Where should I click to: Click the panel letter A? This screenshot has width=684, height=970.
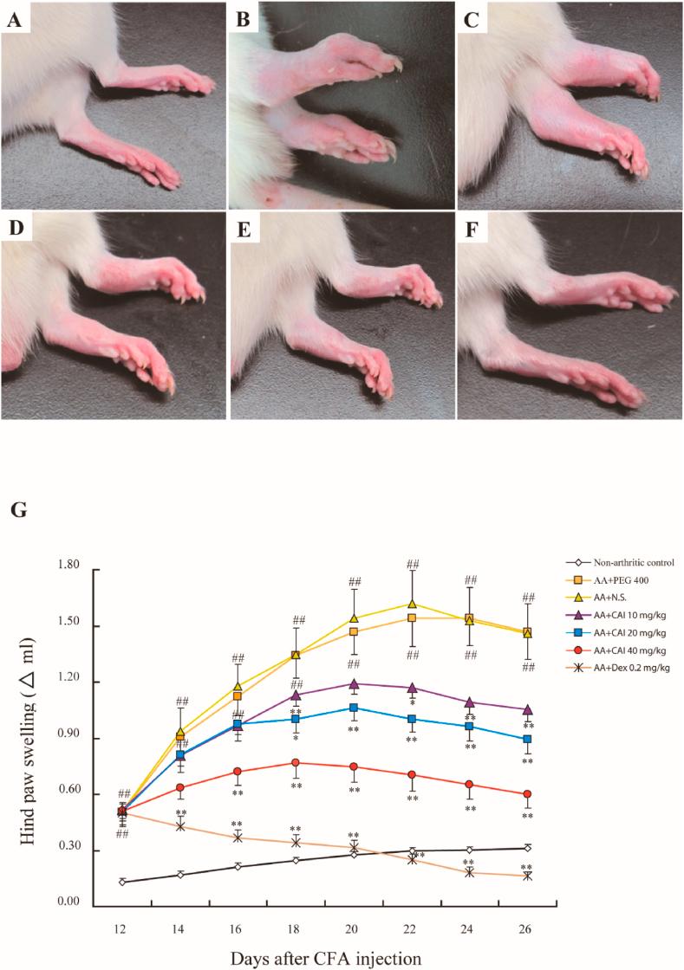coord(14,19)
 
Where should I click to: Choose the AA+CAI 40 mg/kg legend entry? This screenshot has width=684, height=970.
coord(617,650)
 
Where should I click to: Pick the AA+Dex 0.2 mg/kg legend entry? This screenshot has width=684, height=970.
coord(619,667)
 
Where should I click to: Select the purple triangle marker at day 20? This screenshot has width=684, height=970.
coord(354,684)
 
